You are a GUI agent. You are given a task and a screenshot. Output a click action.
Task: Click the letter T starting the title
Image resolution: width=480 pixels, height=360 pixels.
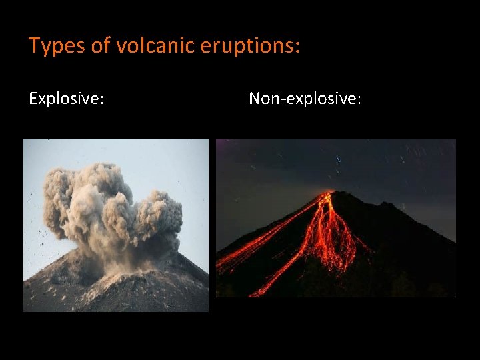(x=33, y=46)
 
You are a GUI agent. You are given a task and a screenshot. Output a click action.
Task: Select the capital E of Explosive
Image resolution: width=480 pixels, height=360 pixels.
(x=33, y=99)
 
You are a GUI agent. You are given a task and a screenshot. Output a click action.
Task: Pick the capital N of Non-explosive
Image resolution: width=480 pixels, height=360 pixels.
(x=255, y=99)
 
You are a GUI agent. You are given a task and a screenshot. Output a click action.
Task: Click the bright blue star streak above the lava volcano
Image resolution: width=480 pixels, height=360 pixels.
(x=339, y=159)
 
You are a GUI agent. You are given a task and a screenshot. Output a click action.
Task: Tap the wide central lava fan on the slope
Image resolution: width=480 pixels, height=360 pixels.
(x=330, y=240)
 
